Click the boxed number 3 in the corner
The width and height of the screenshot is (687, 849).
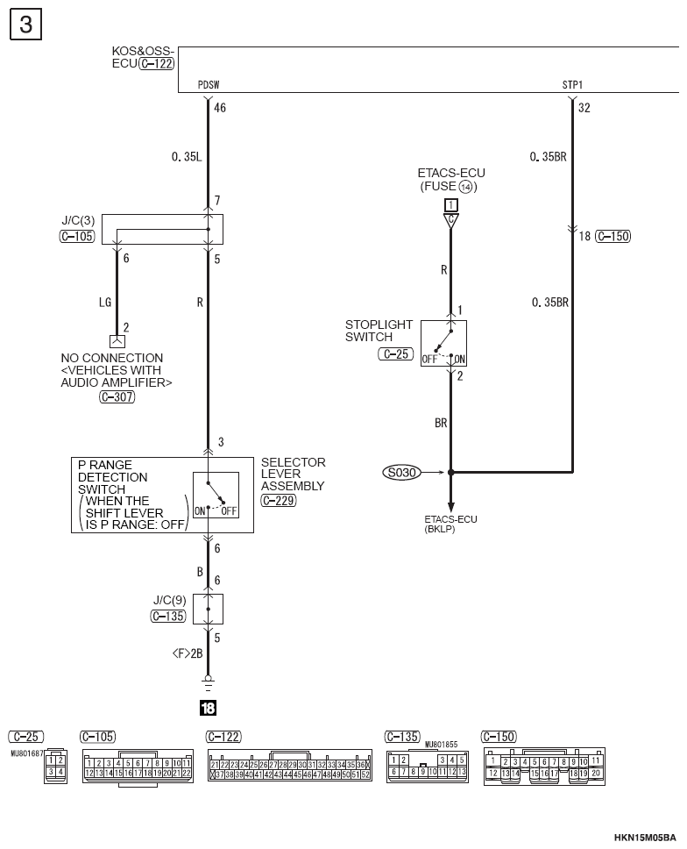tap(25, 24)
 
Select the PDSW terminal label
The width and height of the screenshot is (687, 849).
tap(209, 86)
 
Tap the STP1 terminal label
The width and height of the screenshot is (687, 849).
tap(572, 86)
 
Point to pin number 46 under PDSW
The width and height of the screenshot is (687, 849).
tap(220, 108)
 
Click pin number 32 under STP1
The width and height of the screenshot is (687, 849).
tap(584, 108)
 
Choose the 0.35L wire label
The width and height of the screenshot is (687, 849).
tap(187, 157)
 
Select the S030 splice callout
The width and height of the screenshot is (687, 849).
tap(401, 472)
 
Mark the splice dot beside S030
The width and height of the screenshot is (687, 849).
tap(451, 472)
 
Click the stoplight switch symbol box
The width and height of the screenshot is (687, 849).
tap(443, 343)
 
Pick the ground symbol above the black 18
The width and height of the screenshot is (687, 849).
tap(208, 681)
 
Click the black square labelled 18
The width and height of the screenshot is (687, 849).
tap(208, 706)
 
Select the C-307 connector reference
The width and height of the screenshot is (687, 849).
tap(117, 396)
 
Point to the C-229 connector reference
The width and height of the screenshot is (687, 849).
tap(279, 501)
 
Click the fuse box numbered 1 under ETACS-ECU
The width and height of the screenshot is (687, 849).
tap(451, 205)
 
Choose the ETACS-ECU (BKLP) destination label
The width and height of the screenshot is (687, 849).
tap(450, 524)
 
